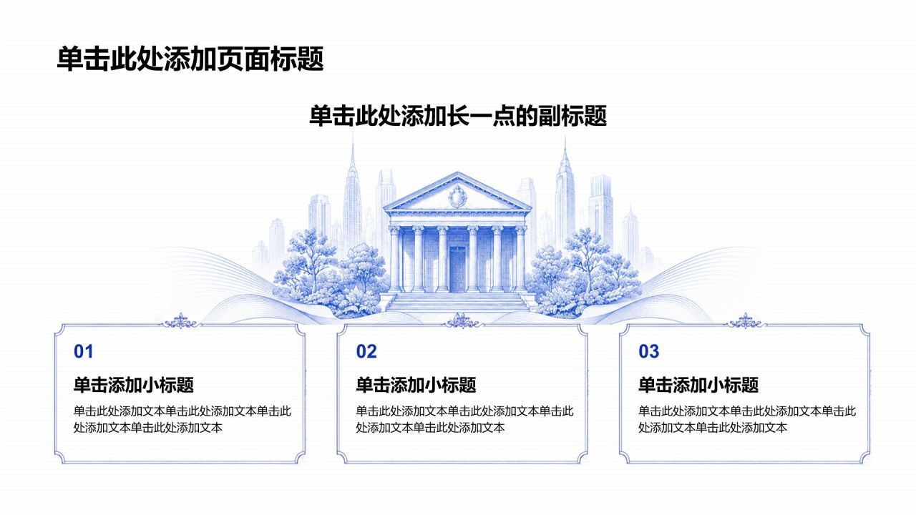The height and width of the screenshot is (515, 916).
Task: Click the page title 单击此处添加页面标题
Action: (x=190, y=59)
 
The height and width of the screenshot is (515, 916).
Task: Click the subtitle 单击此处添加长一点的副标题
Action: (x=457, y=116)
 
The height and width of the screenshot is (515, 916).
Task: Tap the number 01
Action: (x=84, y=351)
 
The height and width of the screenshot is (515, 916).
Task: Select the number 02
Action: (x=366, y=351)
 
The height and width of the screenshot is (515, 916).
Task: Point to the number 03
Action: (x=648, y=351)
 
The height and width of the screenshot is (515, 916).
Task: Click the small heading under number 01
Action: (x=133, y=385)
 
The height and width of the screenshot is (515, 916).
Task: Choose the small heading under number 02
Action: (x=416, y=385)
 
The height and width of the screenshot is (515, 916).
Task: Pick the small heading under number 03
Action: (x=698, y=385)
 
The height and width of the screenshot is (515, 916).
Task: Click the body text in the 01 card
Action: (x=182, y=419)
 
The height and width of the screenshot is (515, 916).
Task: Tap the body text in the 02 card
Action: (x=465, y=419)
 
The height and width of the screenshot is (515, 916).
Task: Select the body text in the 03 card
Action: (x=748, y=419)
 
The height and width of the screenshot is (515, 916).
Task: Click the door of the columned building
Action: (x=457, y=269)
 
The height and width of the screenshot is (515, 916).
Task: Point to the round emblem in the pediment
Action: (x=457, y=197)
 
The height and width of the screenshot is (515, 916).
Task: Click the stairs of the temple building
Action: (x=457, y=303)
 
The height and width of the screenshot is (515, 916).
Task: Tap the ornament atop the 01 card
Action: (x=180, y=322)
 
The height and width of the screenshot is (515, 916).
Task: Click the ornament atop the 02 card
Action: (x=462, y=322)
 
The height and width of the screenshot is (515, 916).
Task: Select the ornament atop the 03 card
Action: (x=745, y=322)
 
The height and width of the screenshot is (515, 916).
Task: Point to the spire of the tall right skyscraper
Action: (x=565, y=149)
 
